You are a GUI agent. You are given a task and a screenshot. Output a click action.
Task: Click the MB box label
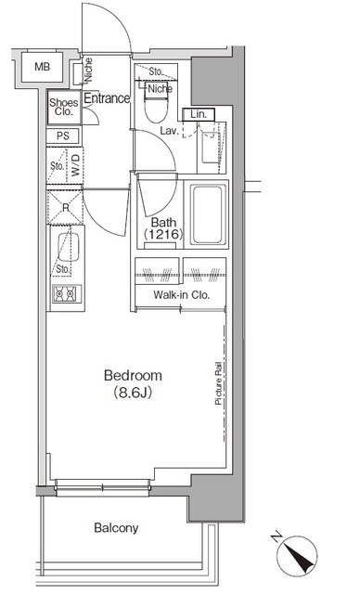pos(43,67)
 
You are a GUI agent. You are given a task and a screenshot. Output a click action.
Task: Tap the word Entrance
pos(107,97)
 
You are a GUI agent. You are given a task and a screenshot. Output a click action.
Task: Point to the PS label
pos(62,136)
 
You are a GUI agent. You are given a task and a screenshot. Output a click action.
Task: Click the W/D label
pos(75,168)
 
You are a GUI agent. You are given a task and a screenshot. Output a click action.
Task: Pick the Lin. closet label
pos(199,114)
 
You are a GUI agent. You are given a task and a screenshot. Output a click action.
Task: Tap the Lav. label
pos(169,131)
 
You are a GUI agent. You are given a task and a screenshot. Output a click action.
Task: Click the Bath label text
pos(162,223)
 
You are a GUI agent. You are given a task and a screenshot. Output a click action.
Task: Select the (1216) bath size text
pos(161,238)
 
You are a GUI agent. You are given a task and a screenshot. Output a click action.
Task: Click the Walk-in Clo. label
pos(181,296)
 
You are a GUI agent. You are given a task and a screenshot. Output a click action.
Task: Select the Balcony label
pos(115,528)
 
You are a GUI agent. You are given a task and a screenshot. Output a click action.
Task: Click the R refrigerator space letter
pos(66,209)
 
